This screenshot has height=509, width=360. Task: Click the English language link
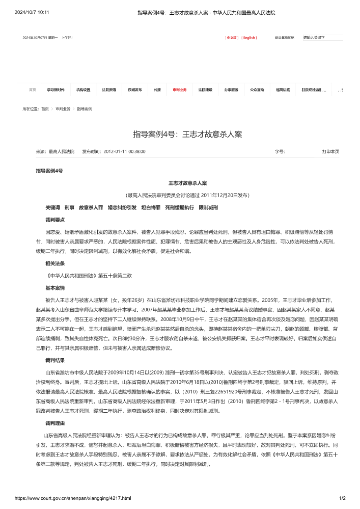pyautogui.click(x=249, y=38)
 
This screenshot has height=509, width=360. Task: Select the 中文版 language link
pyautogui.click(x=232, y=38)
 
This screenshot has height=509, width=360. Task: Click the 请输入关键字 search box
pyautogui.click(x=322, y=38)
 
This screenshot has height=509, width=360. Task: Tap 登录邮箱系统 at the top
pyautogui.click(x=285, y=38)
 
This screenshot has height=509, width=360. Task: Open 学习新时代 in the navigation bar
pyautogui.click(x=56, y=90)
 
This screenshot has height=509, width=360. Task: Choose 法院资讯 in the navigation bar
pyautogui.click(x=109, y=90)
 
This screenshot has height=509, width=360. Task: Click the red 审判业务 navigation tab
pyautogui.click(x=179, y=90)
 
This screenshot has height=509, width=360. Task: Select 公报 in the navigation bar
pyautogui.click(x=157, y=90)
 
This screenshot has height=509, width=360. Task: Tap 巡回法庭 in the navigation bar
pyautogui.click(x=283, y=90)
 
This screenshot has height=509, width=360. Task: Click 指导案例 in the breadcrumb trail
pyautogui.click(x=85, y=109)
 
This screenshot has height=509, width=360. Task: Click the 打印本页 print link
pyautogui.click(x=330, y=151)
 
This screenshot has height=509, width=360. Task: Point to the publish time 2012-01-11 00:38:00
pyautogui.click(x=124, y=151)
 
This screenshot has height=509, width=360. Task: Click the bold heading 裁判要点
pyautogui.click(x=54, y=220)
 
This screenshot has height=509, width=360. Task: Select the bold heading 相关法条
pyautogui.click(x=54, y=263)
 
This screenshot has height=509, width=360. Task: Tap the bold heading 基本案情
pyautogui.click(x=54, y=288)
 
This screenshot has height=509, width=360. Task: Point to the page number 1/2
pyautogui.click(x=342, y=498)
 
